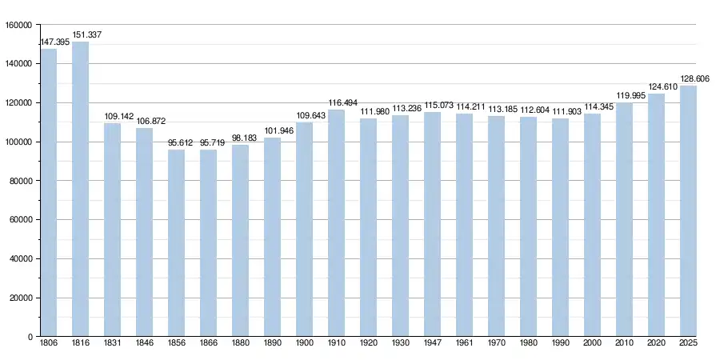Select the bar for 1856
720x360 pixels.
click(176, 243)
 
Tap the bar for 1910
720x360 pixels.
click(336, 223)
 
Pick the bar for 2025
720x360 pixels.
click(688, 211)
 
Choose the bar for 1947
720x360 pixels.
click(432, 225)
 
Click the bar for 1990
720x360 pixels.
click(560, 228)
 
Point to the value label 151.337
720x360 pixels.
click(86, 35)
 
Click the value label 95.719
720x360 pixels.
click(213, 143)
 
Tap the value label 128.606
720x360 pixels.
click(695, 79)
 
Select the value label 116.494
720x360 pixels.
click(342, 103)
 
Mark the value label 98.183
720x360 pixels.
click(245, 138)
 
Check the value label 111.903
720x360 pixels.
click(566, 112)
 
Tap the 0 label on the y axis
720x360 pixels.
click(30, 338)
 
